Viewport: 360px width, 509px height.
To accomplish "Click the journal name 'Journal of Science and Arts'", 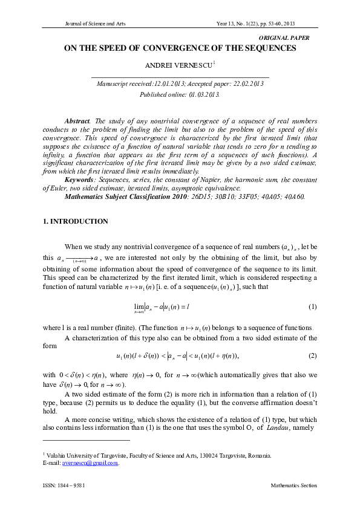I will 93,24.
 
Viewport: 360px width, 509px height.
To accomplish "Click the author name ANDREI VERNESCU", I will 178,64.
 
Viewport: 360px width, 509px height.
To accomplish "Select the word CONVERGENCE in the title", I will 192,48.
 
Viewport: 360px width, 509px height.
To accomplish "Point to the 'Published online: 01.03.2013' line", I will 180,95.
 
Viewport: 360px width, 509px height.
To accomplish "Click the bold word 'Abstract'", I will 77,121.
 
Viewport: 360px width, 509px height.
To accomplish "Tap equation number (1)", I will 312,308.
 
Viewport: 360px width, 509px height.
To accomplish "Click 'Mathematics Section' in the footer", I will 293,485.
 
